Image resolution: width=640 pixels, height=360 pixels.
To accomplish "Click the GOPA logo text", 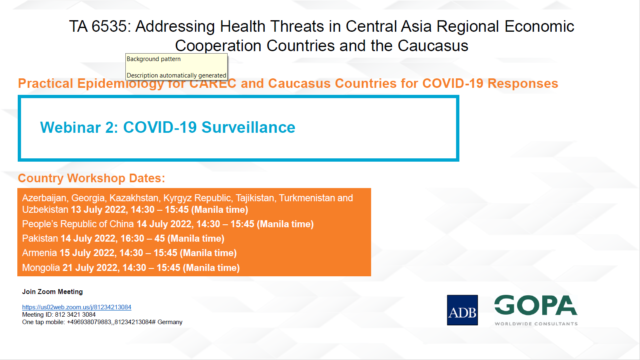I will pos(536,305).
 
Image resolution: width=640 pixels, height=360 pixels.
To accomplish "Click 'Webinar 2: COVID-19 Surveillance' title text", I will pos(167,129).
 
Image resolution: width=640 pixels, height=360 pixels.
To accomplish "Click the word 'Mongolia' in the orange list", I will pos(41,268).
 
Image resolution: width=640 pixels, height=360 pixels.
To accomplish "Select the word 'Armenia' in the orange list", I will pos(39,254).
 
